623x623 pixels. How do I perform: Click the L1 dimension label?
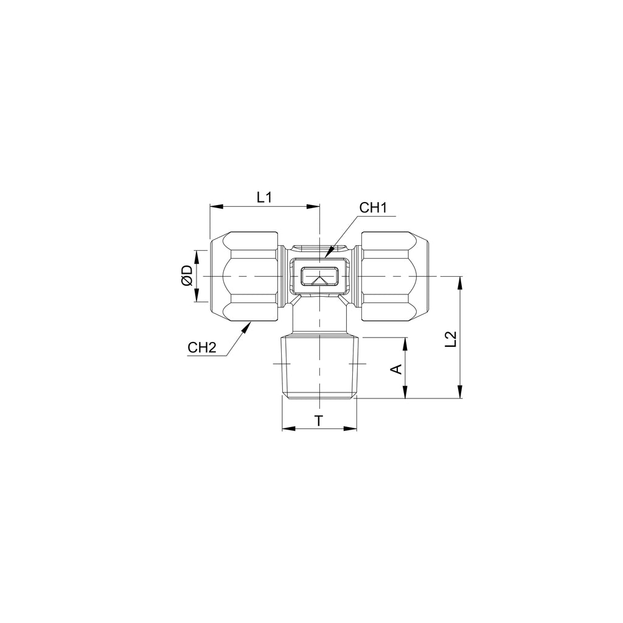[264, 197]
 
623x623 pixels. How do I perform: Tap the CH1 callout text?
[373, 207]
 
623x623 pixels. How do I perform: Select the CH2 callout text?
[202, 347]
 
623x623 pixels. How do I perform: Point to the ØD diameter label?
[187, 276]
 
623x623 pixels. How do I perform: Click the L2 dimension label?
[451, 339]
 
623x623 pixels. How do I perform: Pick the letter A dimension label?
[397, 369]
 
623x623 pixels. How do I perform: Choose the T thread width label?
[319, 420]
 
